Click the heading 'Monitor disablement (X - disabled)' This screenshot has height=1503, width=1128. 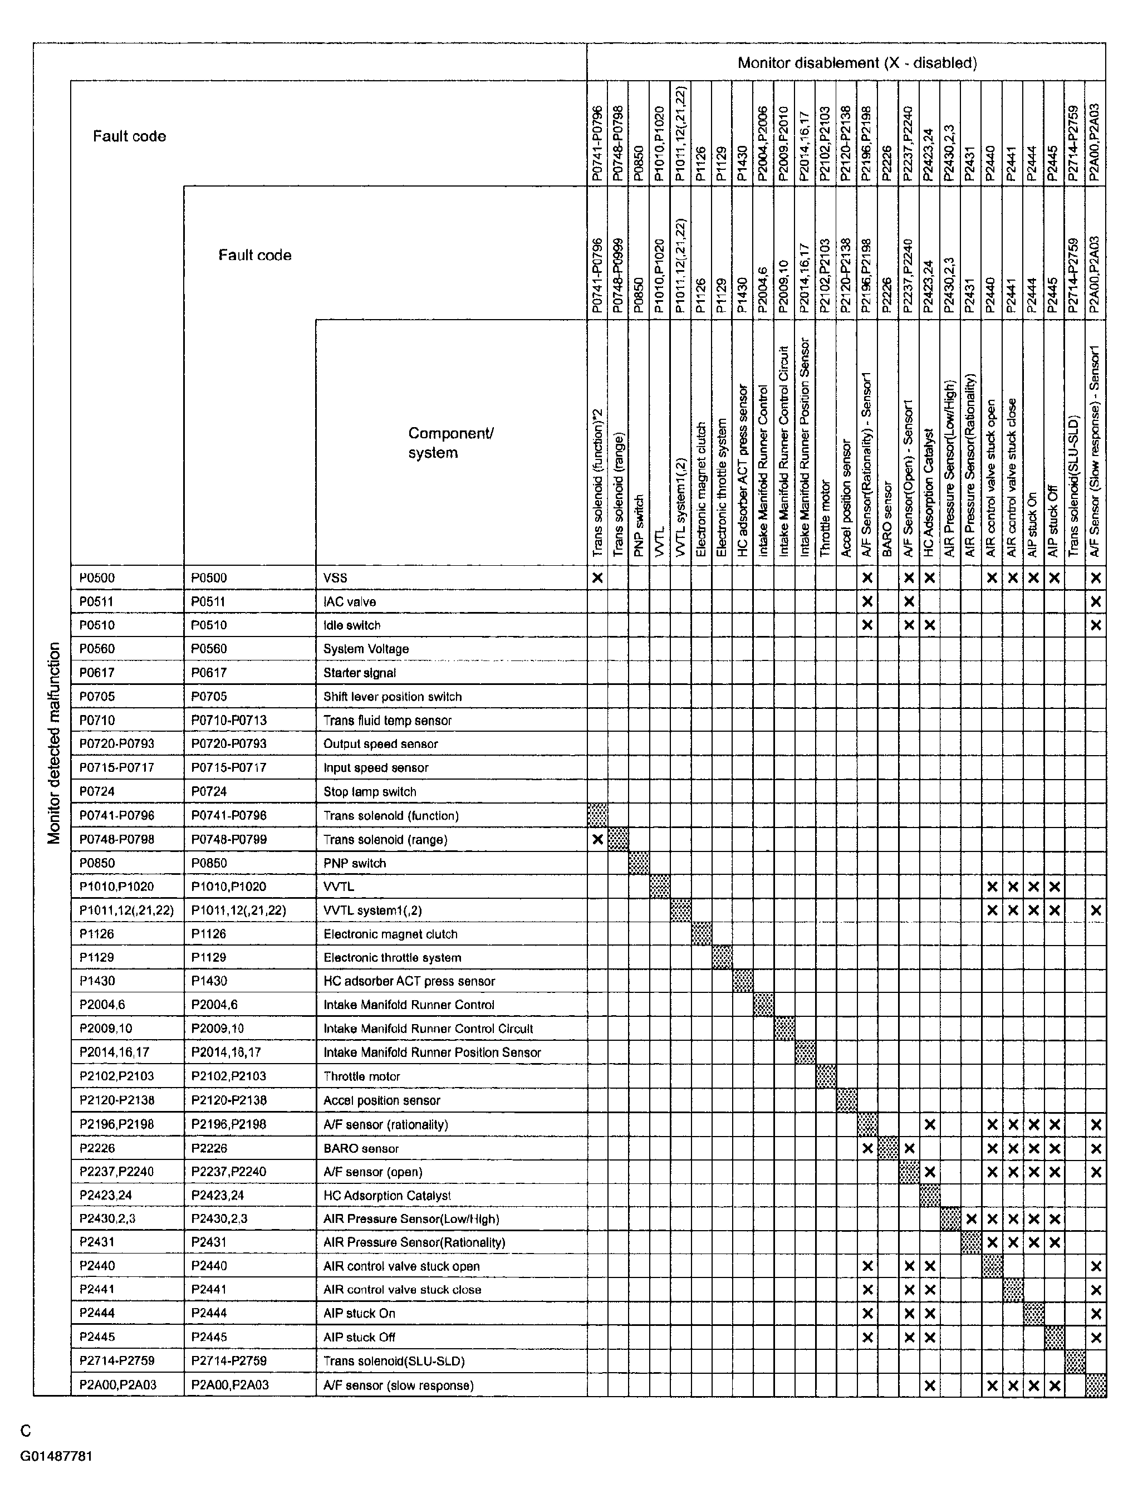pos(857,63)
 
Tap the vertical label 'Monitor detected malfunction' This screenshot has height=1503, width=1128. pos(55,743)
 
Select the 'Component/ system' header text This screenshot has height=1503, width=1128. pos(450,443)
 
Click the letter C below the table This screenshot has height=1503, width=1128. pos(26,1432)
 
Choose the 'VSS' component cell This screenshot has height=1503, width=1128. pos(335,578)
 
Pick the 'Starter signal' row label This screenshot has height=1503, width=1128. pos(360,673)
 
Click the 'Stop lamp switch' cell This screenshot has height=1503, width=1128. pos(370,791)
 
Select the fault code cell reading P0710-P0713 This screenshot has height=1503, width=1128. pos(229,720)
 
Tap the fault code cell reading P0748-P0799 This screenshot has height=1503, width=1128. pos(229,839)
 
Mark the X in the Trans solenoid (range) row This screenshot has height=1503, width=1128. pos(597,839)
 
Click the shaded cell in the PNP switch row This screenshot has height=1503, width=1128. pos(639,863)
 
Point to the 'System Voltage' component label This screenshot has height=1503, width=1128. pos(366,649)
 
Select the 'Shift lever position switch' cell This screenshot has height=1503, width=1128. pos(392,697)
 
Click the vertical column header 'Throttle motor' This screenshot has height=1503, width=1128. pos(826,519)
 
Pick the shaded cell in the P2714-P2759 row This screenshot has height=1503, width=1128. pos(1075,1361)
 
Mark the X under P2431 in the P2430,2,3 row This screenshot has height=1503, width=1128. pos(971,1219)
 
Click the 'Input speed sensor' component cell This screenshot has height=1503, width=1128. pos(376,768)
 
